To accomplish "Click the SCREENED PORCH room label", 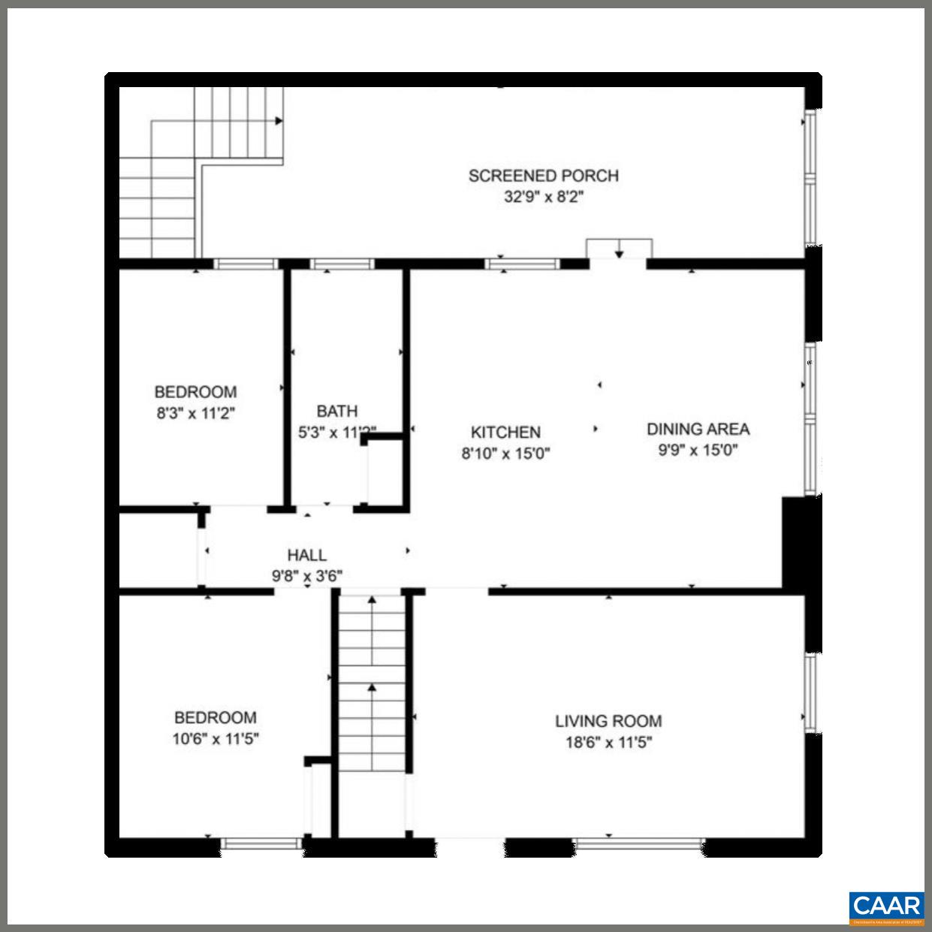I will coord(543,176).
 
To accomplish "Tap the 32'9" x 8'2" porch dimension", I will coord(543,198).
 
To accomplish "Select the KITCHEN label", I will coord(505,432).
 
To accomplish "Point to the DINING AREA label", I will coord(698,429).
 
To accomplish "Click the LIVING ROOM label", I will coord(608,721).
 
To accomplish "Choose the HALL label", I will coord(307,555).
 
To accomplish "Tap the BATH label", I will coord(337,411).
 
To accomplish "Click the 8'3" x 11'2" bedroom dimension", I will coord(195,412).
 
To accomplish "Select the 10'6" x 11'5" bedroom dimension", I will coord(216,738).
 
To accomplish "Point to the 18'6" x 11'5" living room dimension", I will coord(608,743).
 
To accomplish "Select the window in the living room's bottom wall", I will coord(638,843).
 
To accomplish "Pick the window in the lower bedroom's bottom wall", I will coord(261,843).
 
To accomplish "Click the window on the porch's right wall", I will coord(810,177).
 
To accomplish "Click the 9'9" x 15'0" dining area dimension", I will coord(698,451).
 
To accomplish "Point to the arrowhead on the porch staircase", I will coord(279,120).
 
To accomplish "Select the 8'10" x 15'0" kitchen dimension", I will coord(505,454).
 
